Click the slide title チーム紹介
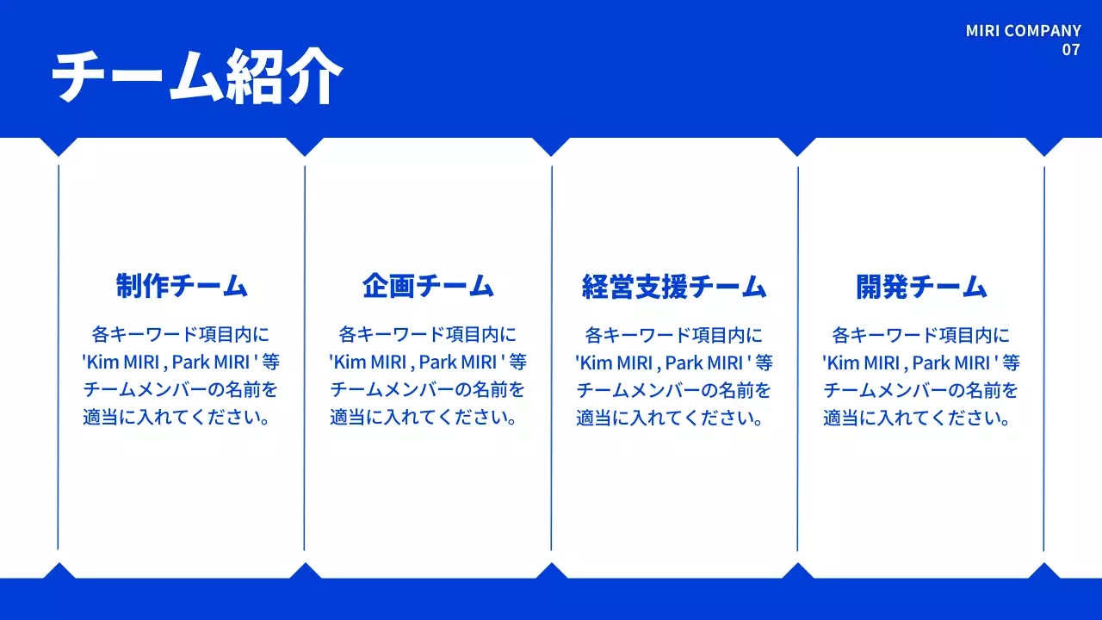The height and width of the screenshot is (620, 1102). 196,77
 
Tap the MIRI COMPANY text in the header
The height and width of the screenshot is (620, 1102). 1023,31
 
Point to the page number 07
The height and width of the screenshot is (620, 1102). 1070,50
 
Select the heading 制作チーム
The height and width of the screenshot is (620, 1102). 182,286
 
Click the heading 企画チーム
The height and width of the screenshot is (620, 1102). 428,286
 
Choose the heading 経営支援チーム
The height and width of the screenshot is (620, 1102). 674,287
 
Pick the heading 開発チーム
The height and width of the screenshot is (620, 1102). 921,287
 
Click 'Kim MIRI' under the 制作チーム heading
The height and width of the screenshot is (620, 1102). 122,363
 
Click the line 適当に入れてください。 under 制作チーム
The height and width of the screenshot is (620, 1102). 182,418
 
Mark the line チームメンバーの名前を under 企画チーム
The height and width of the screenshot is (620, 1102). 428,390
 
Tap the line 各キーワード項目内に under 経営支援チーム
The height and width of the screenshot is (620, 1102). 674,335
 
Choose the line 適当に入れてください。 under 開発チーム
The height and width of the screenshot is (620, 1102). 921,418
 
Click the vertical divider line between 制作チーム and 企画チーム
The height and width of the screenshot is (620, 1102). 305,357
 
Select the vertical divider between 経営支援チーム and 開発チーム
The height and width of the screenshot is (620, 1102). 798,357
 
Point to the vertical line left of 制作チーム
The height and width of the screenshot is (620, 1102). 58,357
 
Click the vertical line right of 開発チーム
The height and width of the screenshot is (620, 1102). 1044,357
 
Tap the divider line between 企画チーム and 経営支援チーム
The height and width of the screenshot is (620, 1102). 552,357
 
